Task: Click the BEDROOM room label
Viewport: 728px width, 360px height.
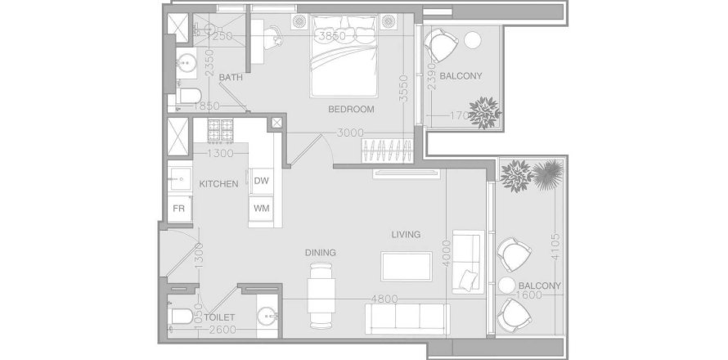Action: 351,109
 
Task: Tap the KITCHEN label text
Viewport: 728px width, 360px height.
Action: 218,184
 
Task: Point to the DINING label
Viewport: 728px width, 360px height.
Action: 321,253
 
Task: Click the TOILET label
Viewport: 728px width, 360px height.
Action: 220,317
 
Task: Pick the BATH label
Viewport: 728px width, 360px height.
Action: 230,78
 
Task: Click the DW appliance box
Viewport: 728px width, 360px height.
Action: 262,181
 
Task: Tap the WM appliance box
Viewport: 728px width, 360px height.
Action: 262,208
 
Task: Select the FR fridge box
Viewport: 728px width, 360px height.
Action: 178,208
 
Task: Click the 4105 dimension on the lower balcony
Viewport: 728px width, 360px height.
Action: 555,242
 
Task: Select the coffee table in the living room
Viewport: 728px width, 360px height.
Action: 407,266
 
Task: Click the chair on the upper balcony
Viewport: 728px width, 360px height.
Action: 443,46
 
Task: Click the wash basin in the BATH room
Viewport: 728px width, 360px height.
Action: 186,61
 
